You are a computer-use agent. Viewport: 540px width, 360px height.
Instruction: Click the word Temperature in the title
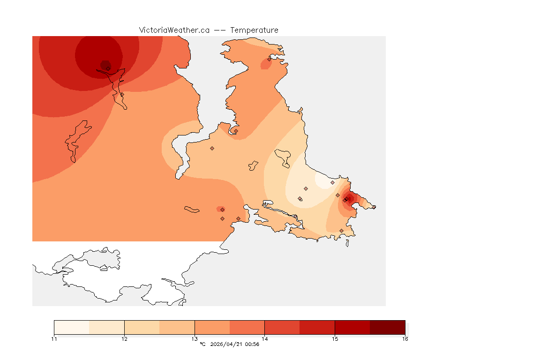[255, 30]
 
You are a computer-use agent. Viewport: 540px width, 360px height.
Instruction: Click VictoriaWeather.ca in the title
[174, 30]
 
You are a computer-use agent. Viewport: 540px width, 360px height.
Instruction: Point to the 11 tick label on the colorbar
[54, 338]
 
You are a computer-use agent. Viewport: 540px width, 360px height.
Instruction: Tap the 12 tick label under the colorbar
[124, 338]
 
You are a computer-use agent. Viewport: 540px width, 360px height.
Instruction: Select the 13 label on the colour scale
[195, 338]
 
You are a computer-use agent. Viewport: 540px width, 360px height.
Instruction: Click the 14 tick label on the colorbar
[265, 338]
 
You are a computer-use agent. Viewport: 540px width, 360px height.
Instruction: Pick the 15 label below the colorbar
[335, 338]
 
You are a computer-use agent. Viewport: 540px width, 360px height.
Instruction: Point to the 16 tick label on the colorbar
[405, 338]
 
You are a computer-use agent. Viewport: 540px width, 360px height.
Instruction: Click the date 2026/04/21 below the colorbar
[227, 345]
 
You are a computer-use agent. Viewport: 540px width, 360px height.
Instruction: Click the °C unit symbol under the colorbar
[202, 345]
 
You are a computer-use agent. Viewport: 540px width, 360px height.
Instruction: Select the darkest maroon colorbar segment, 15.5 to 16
[387, 327]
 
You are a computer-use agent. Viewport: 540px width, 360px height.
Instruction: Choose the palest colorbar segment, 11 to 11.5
[71, 327]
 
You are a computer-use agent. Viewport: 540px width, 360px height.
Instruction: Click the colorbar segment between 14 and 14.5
[282, 327]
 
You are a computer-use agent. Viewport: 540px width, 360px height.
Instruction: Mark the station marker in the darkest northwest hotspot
[108, 68]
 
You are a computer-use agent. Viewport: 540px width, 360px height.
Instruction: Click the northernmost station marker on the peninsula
[269, 59]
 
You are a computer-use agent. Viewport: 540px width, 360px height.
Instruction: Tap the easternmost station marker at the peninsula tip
[374, 207]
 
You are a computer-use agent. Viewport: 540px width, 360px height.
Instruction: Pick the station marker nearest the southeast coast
[341, 231]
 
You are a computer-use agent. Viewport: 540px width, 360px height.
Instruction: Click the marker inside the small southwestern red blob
[222, 209]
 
